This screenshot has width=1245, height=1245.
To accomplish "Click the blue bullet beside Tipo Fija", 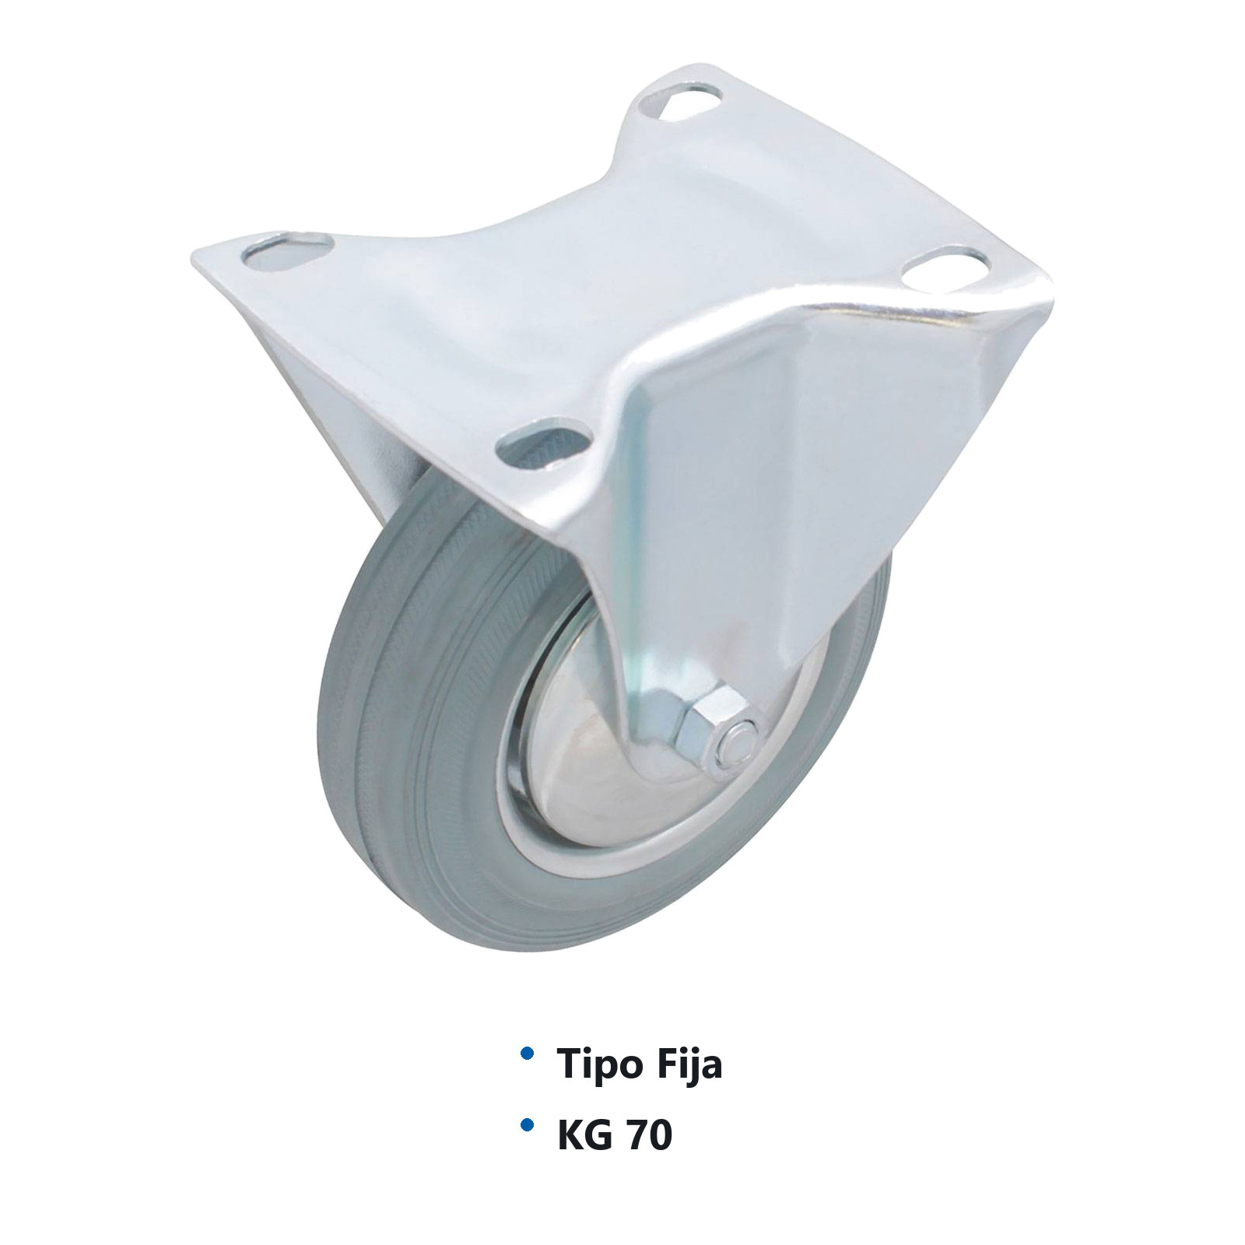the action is (527, 1053).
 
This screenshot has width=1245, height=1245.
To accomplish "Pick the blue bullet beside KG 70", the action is (527, 1124).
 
